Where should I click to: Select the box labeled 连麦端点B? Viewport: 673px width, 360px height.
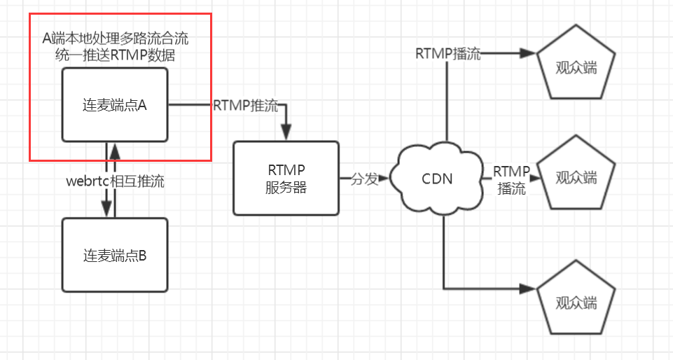click(115, 255)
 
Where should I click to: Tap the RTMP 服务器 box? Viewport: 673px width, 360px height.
click(286, 178)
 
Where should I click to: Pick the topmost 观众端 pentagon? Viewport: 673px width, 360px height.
click(576, 66)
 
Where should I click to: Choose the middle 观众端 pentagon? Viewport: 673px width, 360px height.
click(576, 176)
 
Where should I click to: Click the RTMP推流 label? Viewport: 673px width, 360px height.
click(245, 106)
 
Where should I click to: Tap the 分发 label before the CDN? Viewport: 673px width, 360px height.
click(364, 179)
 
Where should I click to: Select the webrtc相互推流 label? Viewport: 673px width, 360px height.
click(115, 181)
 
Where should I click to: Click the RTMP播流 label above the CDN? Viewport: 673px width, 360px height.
click(448, 54)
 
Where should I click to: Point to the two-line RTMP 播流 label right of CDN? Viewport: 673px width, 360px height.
click(511, 179)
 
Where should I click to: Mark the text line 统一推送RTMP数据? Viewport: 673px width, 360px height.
click(115, 56)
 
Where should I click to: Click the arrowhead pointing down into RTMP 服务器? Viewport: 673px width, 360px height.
click(286, 133)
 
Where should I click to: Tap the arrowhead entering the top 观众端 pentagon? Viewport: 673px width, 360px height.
click(527, 53)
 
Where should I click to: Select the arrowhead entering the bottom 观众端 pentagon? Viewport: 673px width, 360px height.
click(527, 288)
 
